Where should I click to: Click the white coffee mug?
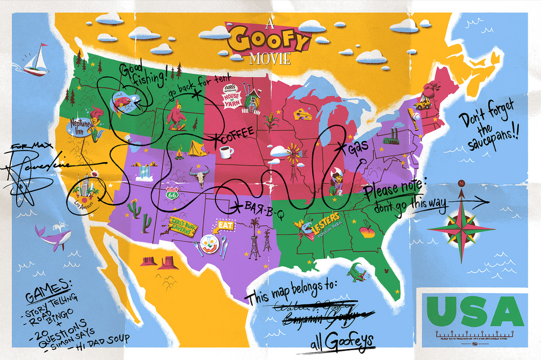[226, 152]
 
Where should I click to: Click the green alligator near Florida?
[356, 271]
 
